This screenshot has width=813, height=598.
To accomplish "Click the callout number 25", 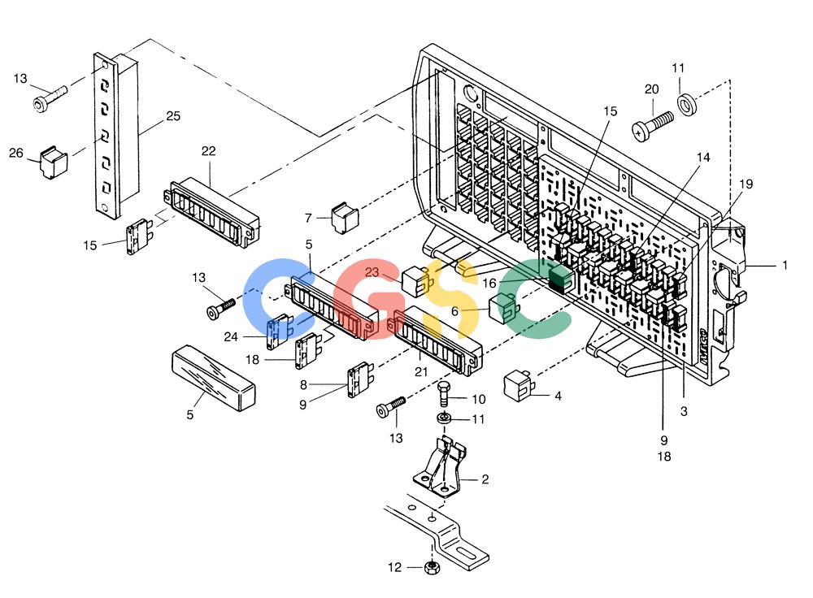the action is tap(173, 116).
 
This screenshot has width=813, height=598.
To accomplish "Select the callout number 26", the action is tap(16, 153).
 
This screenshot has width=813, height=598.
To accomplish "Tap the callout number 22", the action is tap(208, 151).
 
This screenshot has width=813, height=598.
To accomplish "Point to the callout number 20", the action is tap(652, 89).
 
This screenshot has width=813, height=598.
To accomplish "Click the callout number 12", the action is tap(394, 567).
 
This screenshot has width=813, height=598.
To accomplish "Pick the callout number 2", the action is tap(485, 479).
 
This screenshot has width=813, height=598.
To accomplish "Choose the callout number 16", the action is tap(489, 283).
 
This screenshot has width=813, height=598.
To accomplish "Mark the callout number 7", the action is tap(308, 219).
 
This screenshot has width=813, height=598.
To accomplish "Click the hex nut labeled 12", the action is tap(432, 567).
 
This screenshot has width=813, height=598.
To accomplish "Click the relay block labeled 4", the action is tap(519, 384).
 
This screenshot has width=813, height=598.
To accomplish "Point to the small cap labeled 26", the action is tap(54, 162).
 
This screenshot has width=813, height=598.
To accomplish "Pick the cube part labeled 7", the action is tap(345, 217).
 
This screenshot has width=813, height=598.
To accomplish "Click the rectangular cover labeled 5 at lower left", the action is tap(213, 379).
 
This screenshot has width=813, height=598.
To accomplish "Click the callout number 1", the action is tap(785, 265).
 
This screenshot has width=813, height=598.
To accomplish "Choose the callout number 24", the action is tap(231, 337).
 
